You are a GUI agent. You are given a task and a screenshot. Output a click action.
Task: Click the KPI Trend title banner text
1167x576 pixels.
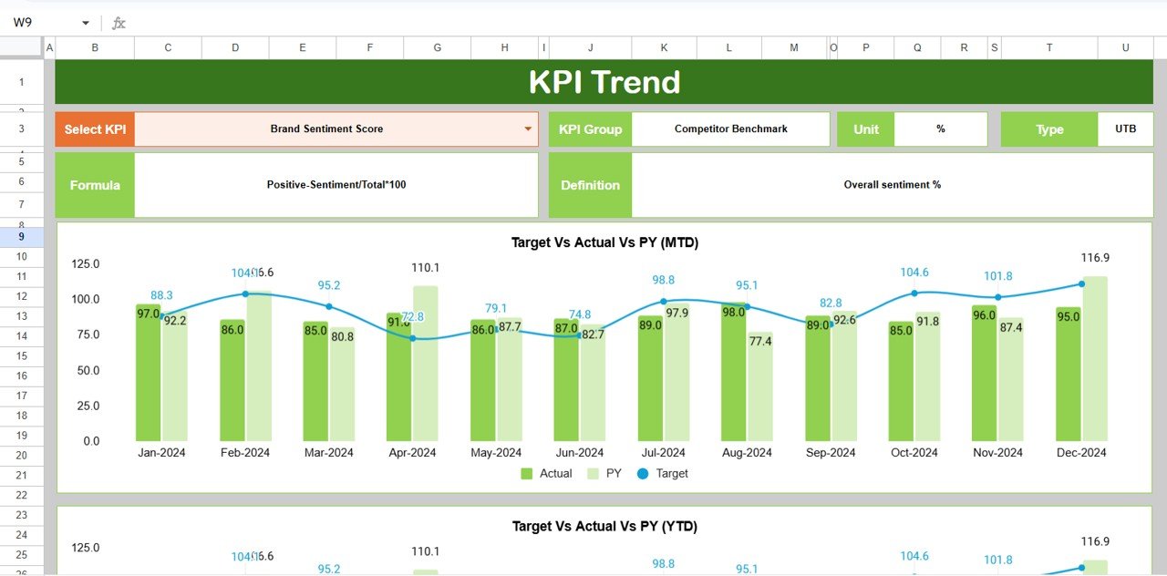pos(604,82)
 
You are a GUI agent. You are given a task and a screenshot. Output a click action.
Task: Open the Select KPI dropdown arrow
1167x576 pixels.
pos(527,129)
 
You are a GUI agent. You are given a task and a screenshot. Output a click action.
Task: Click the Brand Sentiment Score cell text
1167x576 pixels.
pos(326,129)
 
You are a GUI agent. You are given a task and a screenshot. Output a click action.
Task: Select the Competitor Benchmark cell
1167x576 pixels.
pos(730,129)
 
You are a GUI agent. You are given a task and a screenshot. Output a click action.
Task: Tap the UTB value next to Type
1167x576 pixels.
pos(1125,129)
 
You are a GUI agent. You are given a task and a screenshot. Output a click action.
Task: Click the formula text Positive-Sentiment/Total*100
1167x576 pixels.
pos(336,185)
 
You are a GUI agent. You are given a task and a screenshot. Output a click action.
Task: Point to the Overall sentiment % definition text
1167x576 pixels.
pos(892,185)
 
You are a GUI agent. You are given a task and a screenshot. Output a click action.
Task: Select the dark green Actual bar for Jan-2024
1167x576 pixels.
pos(148,383)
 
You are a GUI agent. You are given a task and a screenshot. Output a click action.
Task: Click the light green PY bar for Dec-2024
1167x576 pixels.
pos(1095,365)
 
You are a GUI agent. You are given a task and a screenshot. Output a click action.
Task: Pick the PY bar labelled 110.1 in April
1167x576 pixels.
pos(425,365)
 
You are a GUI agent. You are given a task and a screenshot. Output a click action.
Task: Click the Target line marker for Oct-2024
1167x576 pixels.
pos(914,293)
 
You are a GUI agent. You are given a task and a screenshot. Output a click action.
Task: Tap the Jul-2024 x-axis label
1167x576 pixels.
pos(663,453)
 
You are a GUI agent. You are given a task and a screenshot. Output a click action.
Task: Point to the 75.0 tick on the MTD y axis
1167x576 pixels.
pos(86,334)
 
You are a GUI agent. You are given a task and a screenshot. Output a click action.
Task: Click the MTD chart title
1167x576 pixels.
pos(604,242)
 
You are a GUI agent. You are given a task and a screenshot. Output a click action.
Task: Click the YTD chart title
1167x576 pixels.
pos(604,526)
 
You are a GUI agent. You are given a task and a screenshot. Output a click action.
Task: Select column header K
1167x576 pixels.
pos(663,47)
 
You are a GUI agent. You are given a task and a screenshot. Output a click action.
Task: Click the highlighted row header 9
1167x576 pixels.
pos(21,236)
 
